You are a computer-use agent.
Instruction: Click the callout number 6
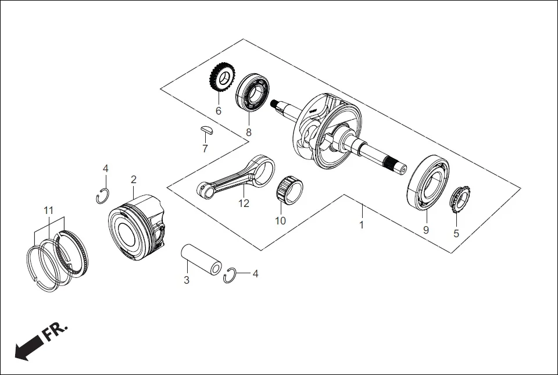click(219, 110)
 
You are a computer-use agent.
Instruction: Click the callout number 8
click(249, 132)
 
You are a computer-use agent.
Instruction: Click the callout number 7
click(205, 149)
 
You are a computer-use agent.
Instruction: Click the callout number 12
click(244, 203)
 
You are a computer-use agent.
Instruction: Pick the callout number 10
click(280, 221)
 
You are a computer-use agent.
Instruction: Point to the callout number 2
click(134, 179)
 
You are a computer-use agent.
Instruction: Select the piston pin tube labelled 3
click(201, 259)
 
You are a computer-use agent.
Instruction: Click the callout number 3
click(186, 280)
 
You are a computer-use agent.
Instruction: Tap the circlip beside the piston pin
click(230, 276)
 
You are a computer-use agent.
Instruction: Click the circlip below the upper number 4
click(102, 196)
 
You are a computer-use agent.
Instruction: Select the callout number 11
click(49, 209)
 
